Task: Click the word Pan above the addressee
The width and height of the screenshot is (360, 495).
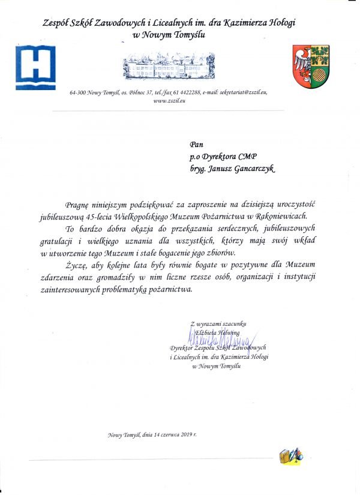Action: (196, 145)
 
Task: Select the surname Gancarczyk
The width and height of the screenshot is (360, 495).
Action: (253, 170)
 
